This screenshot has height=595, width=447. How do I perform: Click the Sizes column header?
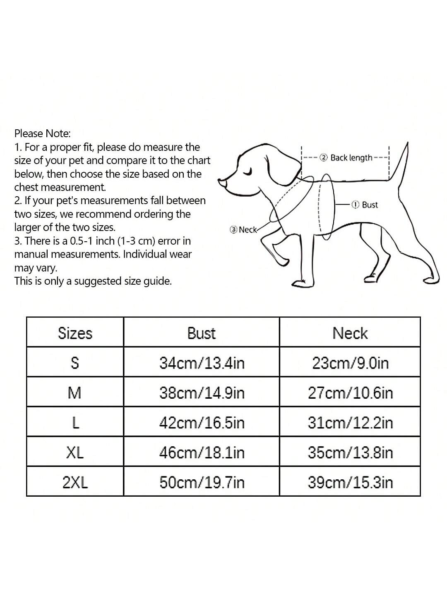click(x=75, y=333)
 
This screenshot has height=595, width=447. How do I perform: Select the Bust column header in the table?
click(x=202, y=333)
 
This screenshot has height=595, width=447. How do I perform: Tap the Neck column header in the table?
click(x=350, y=333)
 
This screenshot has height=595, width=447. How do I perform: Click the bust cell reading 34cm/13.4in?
click(x=202, y=363)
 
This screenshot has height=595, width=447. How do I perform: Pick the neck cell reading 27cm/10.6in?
click(x=350, y=393)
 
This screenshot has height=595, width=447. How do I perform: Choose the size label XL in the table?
click(x=75, y=453)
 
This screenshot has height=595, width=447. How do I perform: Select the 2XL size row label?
click(x=75, y=483)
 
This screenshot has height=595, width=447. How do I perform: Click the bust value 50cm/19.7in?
click(x=202, y=483)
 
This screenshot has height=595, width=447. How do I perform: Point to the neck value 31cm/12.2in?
click(x=350, y=423)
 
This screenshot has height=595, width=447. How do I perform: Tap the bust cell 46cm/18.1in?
click(x=202, y=453)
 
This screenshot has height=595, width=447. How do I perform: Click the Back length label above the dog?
click(x=351, y=158)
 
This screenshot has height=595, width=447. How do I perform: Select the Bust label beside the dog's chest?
click(x=369, y=205)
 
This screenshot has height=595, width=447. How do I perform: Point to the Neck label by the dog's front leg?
click(x=248, y=230)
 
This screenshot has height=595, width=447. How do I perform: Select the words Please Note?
click(x=43, y=133)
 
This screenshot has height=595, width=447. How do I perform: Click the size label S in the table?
click(x=75, y=363)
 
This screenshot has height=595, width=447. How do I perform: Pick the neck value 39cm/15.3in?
click(x=350, y=483)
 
